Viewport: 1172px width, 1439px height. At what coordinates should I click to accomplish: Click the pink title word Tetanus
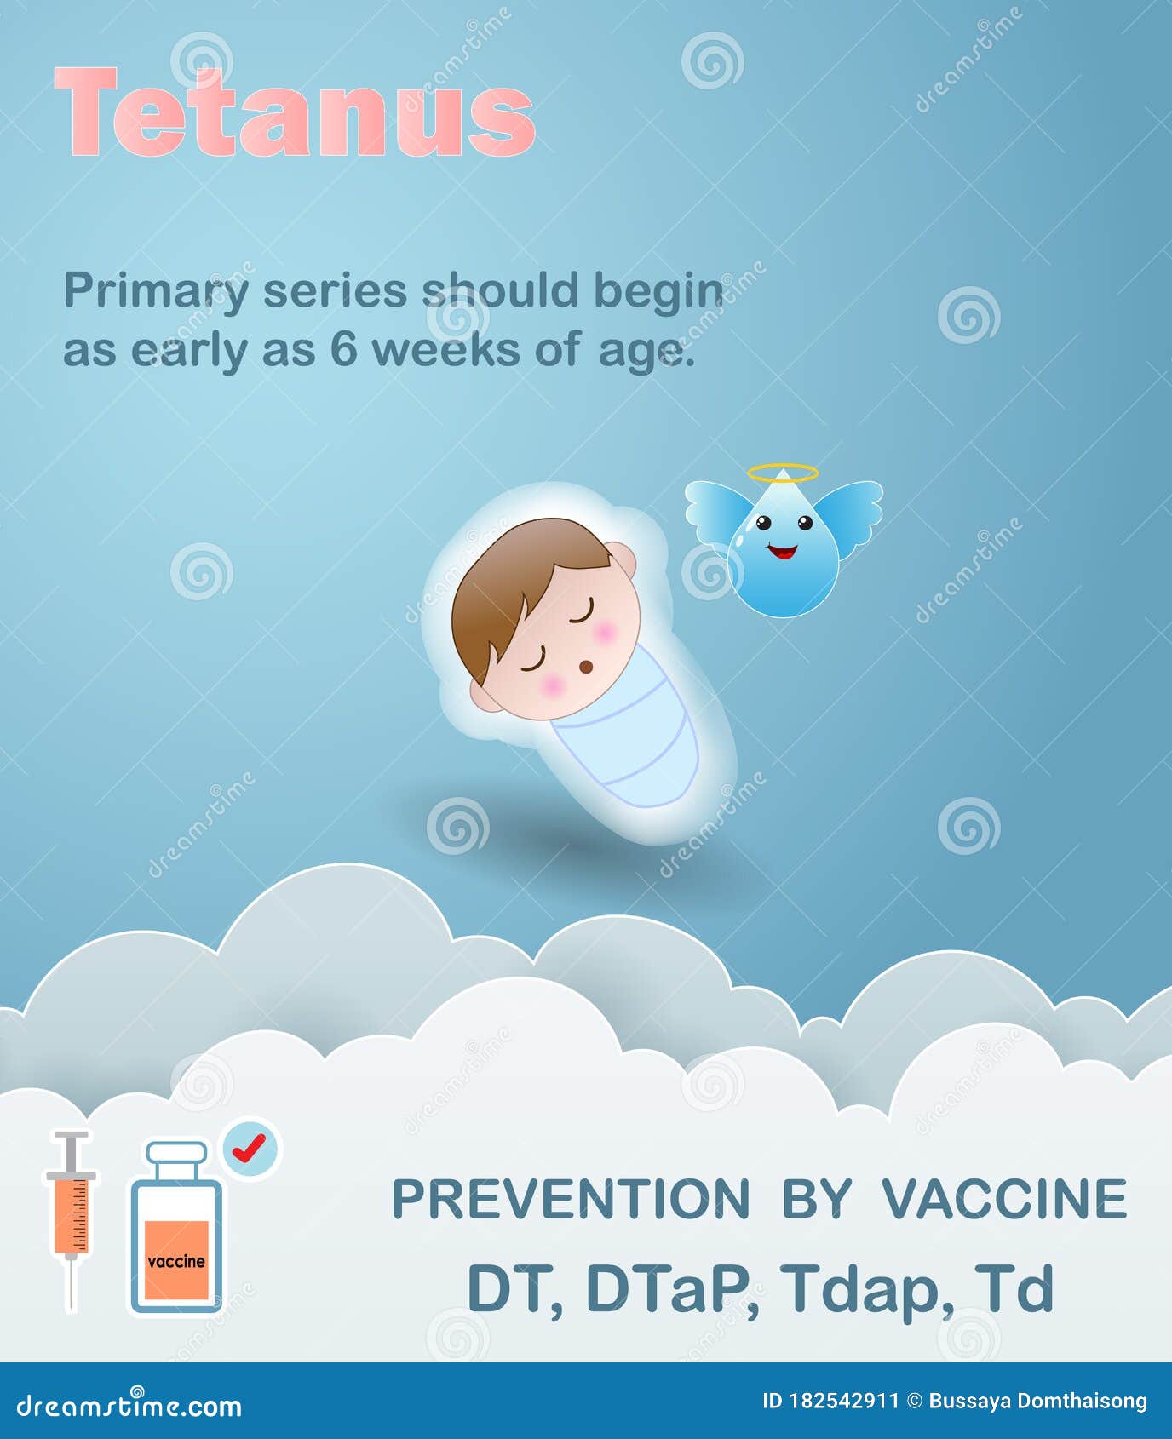(294, 113)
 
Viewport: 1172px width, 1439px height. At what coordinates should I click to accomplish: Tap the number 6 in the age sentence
(343, 350)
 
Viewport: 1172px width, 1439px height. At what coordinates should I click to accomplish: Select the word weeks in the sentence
(446, 350)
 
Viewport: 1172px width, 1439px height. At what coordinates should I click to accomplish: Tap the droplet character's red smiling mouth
(782, 552)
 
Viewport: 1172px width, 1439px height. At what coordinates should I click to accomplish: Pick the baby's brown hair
(511, 579)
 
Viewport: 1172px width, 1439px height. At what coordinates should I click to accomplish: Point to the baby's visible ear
(623, 558)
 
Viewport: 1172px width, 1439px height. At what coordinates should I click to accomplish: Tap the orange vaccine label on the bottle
(176, 1259)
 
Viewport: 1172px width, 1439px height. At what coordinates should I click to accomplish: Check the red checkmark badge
(250, 1149)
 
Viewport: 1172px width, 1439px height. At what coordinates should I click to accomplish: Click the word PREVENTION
(571, 1199)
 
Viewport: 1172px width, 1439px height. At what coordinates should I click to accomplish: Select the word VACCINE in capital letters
(1004, 1199)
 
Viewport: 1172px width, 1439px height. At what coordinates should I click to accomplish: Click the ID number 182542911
(843, 1401)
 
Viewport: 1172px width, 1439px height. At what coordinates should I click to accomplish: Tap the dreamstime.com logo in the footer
(129, 1405)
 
